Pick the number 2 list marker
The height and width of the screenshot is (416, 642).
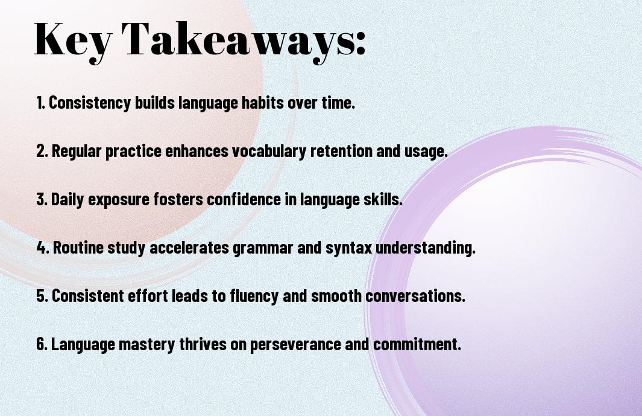pyautogui.click(x=42, y=151)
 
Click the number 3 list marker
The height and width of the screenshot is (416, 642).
pyautogui.click(x=42, y=199)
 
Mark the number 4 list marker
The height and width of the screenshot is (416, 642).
pyautogui.click(x=43, y=248)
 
